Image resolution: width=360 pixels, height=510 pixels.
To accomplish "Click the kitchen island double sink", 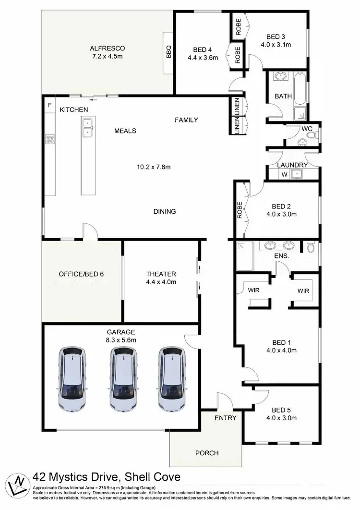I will point(87,127).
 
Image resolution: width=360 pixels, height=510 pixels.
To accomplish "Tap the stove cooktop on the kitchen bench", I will point(49,140).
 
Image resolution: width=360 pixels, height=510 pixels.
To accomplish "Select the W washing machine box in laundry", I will point(284,174).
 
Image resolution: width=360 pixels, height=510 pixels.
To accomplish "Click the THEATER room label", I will point(161,274).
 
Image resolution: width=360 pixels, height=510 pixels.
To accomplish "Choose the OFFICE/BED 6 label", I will point(81,274).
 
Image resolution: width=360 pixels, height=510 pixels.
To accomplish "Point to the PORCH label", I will point(207,453).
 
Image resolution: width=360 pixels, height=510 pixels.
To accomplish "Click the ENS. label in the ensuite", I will point(282,256).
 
